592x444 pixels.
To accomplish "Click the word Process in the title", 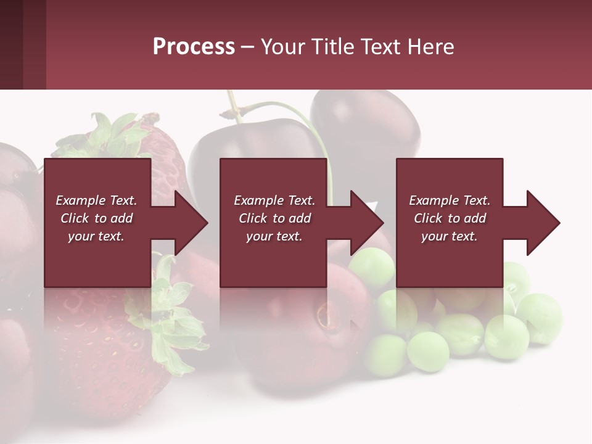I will pyautogui.click(x=194, y=47).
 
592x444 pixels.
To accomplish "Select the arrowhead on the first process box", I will pyautogui.click(x=187, y=223).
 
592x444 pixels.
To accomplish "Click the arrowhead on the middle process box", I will pyautogui.click(x=363, y=223).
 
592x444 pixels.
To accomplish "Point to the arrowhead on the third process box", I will pyautogui.click(x=540, y=223).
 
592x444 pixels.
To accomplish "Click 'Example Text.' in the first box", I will pyautogui.click(x=96, y=200).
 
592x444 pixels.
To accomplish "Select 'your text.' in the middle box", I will pyautogui.click(x=274, y=236).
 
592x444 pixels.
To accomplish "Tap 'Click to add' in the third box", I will pyautogui.click(x=450, y=218).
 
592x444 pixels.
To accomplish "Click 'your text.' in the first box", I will pyautogui.click(x=96, y=236).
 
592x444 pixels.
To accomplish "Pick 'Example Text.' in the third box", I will pyautogui.click(x=450, y=200).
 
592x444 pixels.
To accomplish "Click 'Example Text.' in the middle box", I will pyautogui.click(x=274, y=200).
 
